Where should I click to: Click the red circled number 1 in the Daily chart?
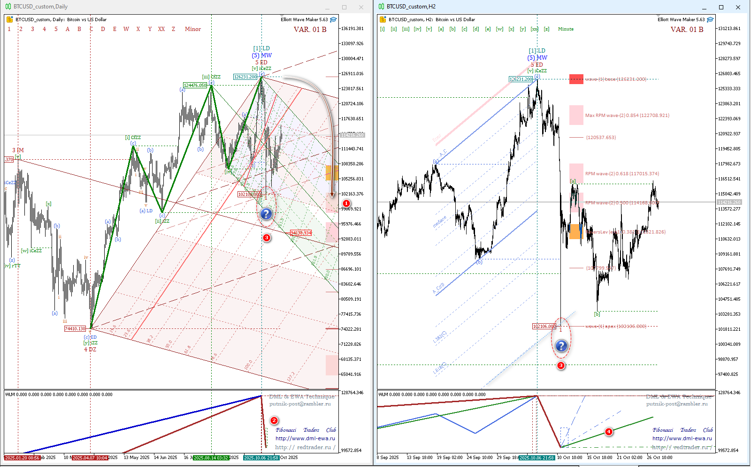[x=346, y=203]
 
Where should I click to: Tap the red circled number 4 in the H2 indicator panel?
[x=608, y=431]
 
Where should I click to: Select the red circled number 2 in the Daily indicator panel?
[x=274, y=420]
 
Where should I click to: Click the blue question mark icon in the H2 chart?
[x=561, y=346]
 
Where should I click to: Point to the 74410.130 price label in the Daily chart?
[x=75, y=329]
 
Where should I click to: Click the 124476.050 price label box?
[x=195, y=86]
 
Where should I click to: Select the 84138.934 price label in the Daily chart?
[x=301, y=233]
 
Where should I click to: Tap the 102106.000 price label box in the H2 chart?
[x=544, y=327]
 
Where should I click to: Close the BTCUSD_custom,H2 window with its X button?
[x=738, y=7]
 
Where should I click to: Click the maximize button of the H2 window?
[x=721, y=7]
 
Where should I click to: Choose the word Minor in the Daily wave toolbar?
[x=192, y=29]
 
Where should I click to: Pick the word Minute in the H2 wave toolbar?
[x=566, y=29]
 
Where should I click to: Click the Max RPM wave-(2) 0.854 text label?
[x=627, y=116]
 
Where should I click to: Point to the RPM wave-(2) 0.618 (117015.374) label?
[x=622, y=174]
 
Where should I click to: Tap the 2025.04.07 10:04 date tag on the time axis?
[x=90, y=458]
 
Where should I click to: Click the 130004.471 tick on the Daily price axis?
[x=352, y=59]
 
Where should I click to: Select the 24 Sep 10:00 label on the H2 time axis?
[x=480, y=458]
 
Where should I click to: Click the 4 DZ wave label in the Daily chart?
[x=90, y=350]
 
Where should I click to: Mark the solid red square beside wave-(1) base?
[x=576, y=79]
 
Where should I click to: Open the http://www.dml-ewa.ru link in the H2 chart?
[x=681, y=438]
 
